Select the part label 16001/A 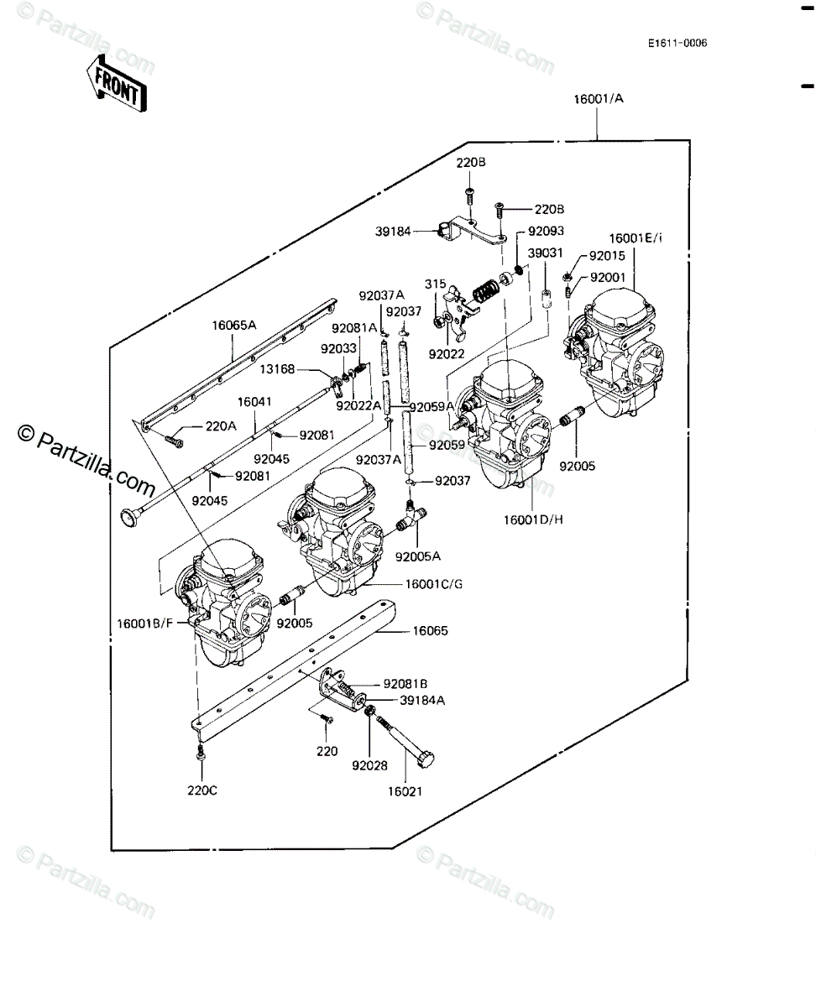598,98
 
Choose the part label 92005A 419,556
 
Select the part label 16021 405,790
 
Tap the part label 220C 201,789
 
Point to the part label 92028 369,765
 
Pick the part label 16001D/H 533,519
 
